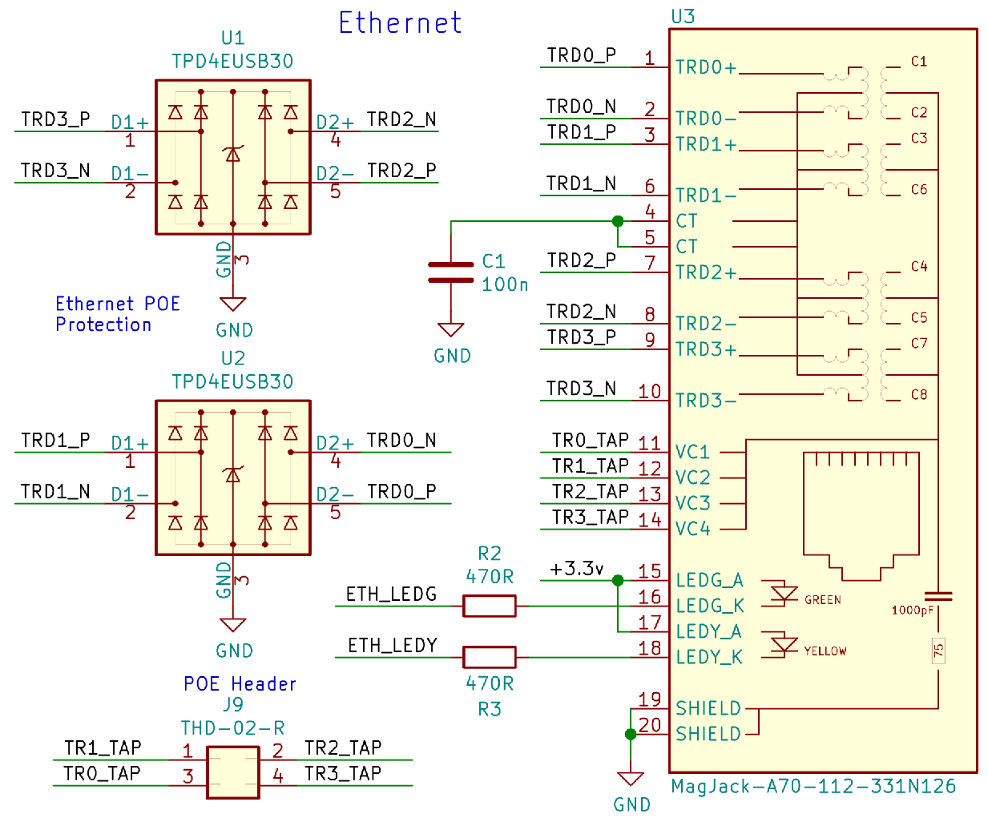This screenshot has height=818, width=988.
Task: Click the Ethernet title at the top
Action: pyautogui.click(x=400, y=22)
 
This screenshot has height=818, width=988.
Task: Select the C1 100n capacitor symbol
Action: pyautogui.click(x=450, y=272)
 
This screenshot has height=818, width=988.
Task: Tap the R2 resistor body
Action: pyautogui.click(x=489, y=606)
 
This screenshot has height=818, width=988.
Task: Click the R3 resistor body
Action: pyautogui.click(x=489, y=657)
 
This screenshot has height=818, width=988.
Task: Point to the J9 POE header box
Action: pyautogui.click(x=232, y=772)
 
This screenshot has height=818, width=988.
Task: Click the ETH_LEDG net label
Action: pyautogui.click(x=391, y=594)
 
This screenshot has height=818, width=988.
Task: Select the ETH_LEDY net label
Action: pyautogui.click(x=392, y=645)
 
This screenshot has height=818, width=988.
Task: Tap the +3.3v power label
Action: pyautogui.click(x=576, y=569)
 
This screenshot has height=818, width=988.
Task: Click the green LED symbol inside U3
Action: pyautogui.click(x=783, y=593)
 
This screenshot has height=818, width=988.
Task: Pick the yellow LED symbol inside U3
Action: pyautogui.click(x=783, y=644)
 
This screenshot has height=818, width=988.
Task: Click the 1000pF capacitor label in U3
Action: pyautogui.click(x=912, y=610)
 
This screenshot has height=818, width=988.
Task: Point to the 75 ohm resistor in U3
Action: pyautogui.click(x=938, y=651)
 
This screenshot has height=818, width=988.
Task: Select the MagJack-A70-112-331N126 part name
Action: pyautogui.click(x=813, y=786)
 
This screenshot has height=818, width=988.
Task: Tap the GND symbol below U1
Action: pyautogui.click(x=233, y=305)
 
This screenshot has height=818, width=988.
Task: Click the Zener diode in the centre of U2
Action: pyautogui.click(x=233, y=475)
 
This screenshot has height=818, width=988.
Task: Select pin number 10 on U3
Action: pyautogui.click(x=649, y=391)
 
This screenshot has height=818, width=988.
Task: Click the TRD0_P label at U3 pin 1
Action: pyautogui.click(x=581, y=55)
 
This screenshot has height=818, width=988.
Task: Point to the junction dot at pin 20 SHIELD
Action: pyautogui.click(x=631, y=734)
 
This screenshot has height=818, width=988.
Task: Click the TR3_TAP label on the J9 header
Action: pyautogui.click(x=343, y=773)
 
